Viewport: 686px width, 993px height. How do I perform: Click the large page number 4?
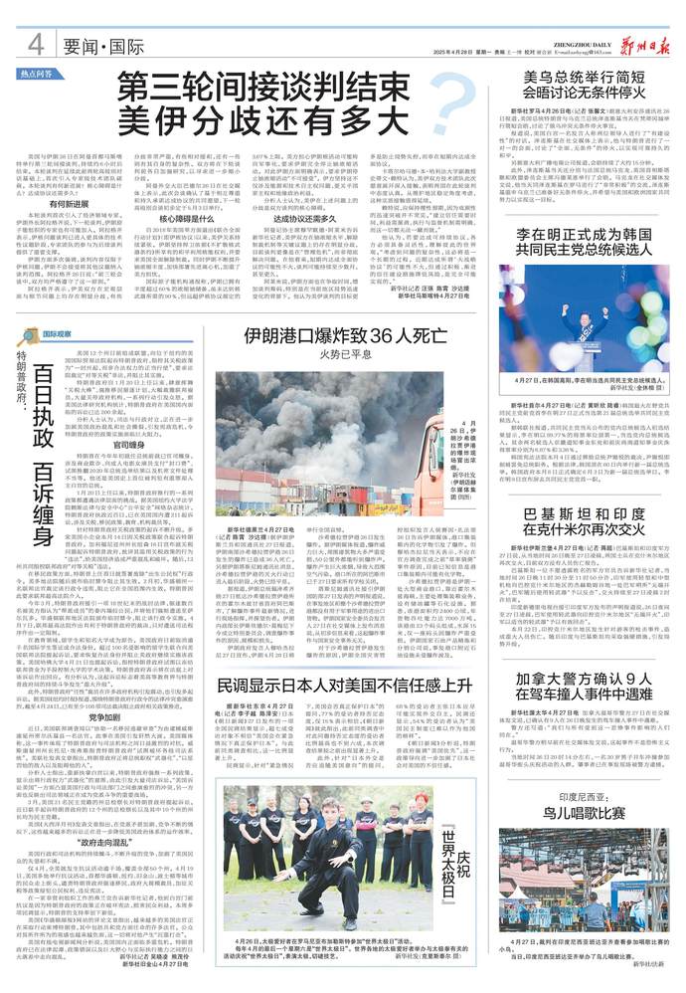click(x=35, y=44)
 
